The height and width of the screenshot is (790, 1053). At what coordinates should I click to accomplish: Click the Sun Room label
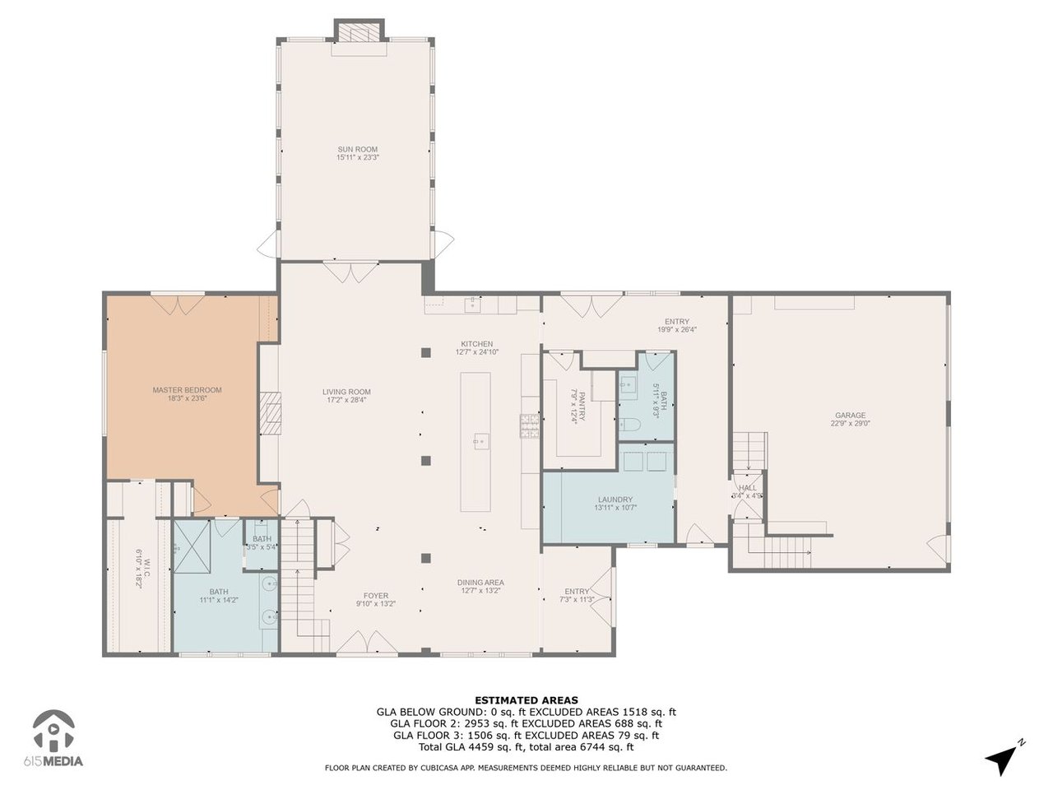(357, 150)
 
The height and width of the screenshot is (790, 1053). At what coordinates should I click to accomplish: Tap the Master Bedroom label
(187, 390)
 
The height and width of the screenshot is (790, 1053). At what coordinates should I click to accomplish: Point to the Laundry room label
(615, 500)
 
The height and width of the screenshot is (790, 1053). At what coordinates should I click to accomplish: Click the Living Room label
(346, 393)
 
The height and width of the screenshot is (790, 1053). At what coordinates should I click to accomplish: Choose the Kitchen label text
(476, 344)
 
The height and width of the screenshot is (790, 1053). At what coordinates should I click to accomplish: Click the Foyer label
(376, 596)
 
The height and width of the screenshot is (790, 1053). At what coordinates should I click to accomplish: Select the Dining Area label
(480, 583)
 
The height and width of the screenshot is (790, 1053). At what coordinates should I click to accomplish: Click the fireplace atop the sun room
(359, 31)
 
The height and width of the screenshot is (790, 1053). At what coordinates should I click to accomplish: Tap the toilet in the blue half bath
(629, 425)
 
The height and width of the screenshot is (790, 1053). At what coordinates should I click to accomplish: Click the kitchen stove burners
(529, 425)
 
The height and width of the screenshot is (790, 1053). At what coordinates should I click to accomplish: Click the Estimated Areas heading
(526, 700)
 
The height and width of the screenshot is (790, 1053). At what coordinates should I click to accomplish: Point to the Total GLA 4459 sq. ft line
(526, 747)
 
